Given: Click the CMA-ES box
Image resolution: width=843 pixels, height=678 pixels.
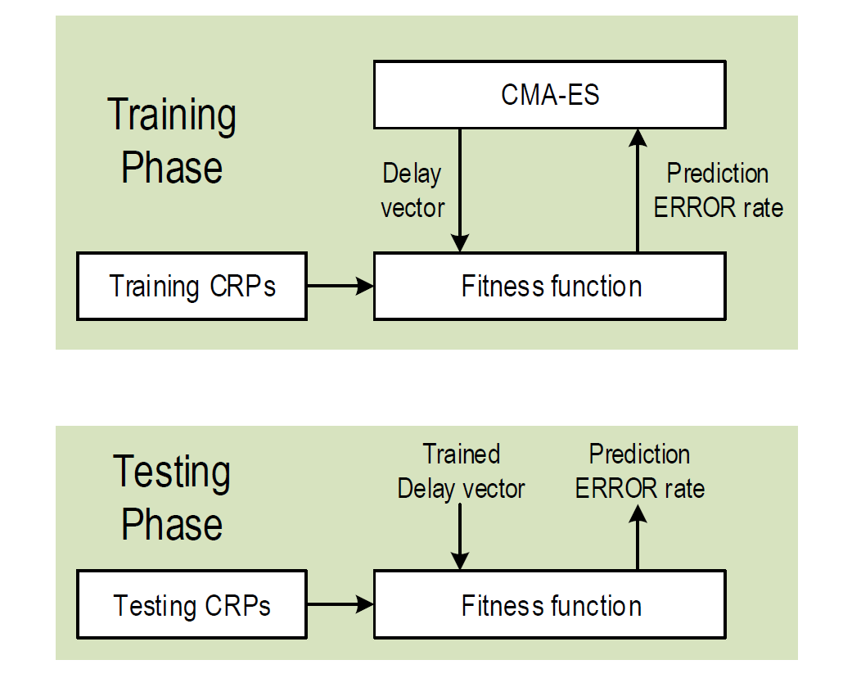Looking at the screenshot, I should [550, 95].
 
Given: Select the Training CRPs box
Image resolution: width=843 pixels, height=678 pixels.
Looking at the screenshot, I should [192, 287].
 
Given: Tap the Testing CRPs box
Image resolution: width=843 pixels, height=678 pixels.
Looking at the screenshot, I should [192, 606].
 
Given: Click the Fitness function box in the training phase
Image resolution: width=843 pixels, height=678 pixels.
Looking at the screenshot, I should [550, 287].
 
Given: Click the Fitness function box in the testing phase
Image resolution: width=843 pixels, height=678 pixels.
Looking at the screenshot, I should [550, 606].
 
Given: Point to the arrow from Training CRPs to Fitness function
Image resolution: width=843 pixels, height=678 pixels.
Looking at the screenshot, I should [340, 286].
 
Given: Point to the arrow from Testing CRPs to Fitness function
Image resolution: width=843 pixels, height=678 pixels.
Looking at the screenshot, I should [340, 605].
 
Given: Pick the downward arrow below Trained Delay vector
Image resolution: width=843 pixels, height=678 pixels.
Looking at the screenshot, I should [461, 536].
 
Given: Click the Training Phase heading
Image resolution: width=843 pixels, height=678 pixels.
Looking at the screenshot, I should [172, 141].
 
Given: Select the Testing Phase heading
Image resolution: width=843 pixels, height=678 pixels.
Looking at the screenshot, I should [172, 498].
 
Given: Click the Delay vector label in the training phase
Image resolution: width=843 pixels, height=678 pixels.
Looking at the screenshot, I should [412, 191].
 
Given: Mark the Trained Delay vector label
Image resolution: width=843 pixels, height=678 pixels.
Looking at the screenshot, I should [461, 472].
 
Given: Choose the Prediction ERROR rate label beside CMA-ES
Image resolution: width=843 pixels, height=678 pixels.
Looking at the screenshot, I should [718, 191].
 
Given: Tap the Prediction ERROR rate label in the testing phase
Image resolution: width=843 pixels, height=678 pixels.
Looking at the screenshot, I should [639, 472].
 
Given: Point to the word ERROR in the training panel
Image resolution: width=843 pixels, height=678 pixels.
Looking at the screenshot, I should [692, 208].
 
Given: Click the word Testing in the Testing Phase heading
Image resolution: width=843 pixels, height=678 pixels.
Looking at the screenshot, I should [172, 472].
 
